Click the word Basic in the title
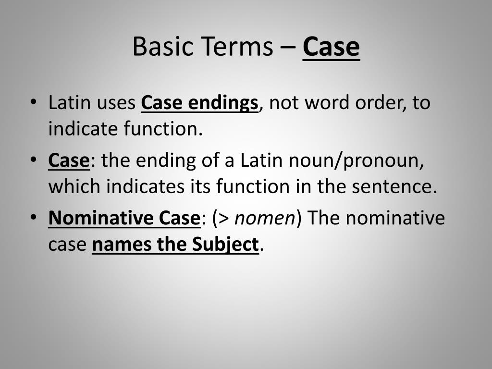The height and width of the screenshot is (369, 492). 159,47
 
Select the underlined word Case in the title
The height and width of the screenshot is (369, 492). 331,47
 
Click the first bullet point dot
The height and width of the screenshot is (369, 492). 33,103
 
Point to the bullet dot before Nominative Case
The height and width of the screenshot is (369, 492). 33,218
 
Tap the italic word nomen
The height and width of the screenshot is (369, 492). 264,219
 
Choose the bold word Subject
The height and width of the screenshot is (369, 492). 225,245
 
